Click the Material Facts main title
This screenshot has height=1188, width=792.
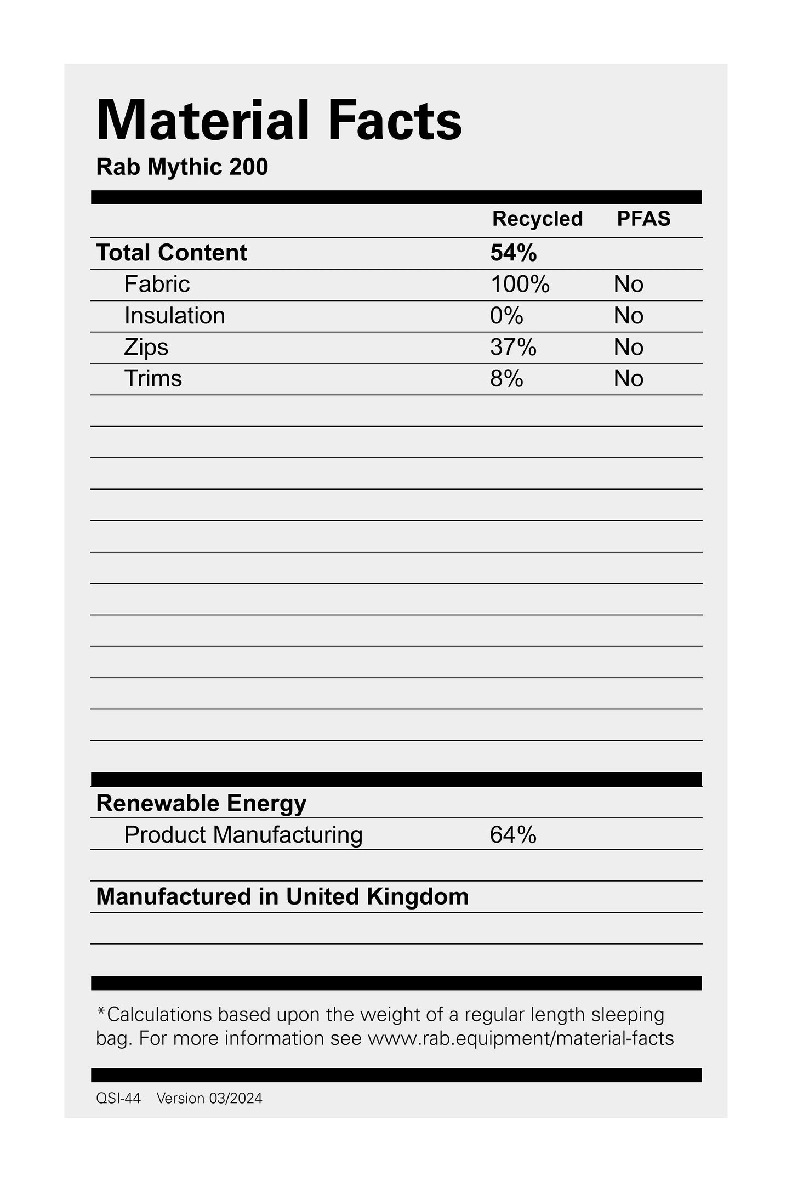[279, 121]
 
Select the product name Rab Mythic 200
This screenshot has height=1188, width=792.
[182, 167]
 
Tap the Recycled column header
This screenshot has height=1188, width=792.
[537, 219]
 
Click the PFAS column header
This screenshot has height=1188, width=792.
[643, 219]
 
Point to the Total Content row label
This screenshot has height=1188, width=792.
[172, 253]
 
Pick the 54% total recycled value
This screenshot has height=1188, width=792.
[513, 253]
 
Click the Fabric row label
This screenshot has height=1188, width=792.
[157, 284]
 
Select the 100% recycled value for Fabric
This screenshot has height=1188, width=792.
[520, 284]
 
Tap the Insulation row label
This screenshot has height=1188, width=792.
[174, 316]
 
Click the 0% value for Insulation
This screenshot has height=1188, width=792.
[506, 316]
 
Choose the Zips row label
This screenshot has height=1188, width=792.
[146, 347]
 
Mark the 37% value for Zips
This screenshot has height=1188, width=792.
[513, 347]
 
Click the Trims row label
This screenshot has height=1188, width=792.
[153, 379]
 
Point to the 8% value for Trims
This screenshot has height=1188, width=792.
[506, 379]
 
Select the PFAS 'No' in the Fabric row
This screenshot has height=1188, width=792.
[628, 284]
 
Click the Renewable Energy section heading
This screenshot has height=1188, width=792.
[201, 803]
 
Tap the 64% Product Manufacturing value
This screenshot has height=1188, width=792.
[513, 835]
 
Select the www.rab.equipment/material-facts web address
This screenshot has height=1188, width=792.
[520, 1038]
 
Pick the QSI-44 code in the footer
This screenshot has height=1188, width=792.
[118, 1098]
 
